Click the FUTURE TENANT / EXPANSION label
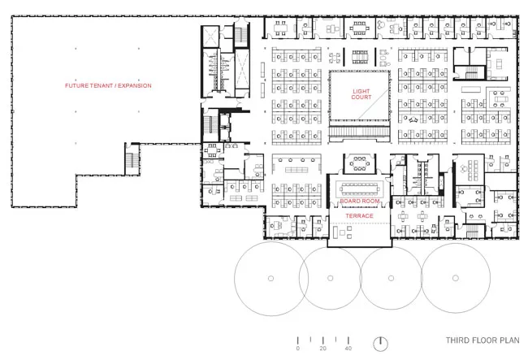pyautogui.click(x=108, y=85)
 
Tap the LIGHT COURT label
pyautogui.click(x=361, y=94)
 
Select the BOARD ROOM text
pyautogui.click(x=360, y=201)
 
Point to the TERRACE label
pyautogui.click(x=359, y=215)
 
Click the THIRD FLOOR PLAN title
pyautogui.click(x=483, y=340)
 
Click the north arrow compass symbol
pyautogui.click(x=380, y=344)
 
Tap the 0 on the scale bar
pyautogui.click(x=297, y=349)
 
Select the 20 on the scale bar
pyautogui.click(x=323, y=349)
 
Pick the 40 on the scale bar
pyautogui.click(x=348, y=349)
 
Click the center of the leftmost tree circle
pyautogui.click(x=270, y=278)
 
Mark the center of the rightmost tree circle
pyautogui.click(x=456, y=278)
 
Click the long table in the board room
pyautogui.click(x=360, y=189)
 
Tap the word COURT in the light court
pyautogui.click(x=361, y=97)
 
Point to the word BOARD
pyautogui.click(x=349, y=201)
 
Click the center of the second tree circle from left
pyautogui.click(x=331, y=278)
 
